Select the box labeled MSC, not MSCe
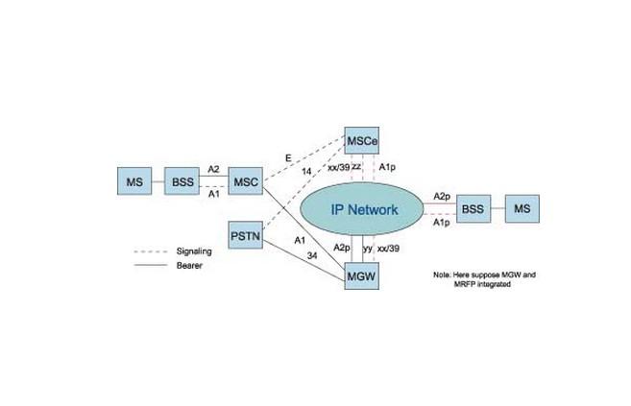point(246,180)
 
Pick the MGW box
point(362,278)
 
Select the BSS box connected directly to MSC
point(182,180)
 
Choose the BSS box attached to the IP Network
point(472,208)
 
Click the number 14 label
point(306,170)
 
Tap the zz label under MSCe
point(356,166)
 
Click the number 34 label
point(311,255)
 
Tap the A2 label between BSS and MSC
point(213,169)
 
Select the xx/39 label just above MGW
point(389,248)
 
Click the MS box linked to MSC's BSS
point(132,180)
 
